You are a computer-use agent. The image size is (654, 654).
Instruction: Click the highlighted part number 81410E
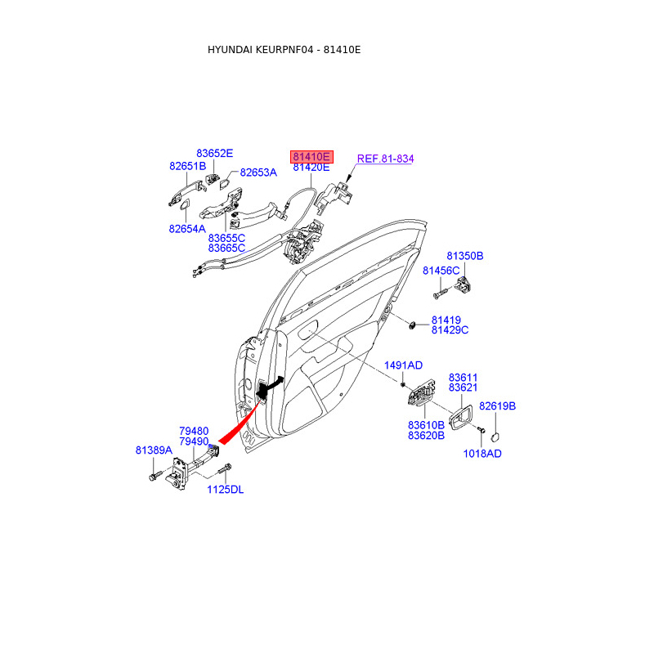[311, 155]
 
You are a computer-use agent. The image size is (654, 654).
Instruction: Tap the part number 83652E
[214, 153]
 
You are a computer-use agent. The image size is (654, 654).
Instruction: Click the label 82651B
[187, 165]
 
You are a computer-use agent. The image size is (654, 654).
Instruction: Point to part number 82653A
[258, 172]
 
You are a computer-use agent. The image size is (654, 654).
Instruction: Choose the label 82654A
[187, 229]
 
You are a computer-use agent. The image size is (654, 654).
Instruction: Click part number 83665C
[226, 248]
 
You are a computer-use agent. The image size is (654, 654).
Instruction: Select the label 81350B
[464, 256]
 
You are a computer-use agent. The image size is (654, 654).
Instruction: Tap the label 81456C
[441, 270]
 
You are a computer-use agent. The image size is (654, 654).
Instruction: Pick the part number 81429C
[450, 330]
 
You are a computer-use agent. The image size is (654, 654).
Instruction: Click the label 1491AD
[404, 365]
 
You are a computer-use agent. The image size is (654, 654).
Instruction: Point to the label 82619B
[497, 406]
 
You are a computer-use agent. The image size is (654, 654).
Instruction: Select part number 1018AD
[482, 454]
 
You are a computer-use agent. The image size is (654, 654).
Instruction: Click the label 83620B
[426, 436]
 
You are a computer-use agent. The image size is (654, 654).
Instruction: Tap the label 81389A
[154, 450]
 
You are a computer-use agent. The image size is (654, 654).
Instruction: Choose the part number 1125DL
[225, 490]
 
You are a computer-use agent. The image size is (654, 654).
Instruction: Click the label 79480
[194, 431]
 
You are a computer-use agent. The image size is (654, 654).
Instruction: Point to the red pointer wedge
[237, 425]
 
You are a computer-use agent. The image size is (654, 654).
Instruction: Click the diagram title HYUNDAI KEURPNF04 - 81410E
[284, 50]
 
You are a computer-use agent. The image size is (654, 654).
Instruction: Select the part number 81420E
[311, 167]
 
